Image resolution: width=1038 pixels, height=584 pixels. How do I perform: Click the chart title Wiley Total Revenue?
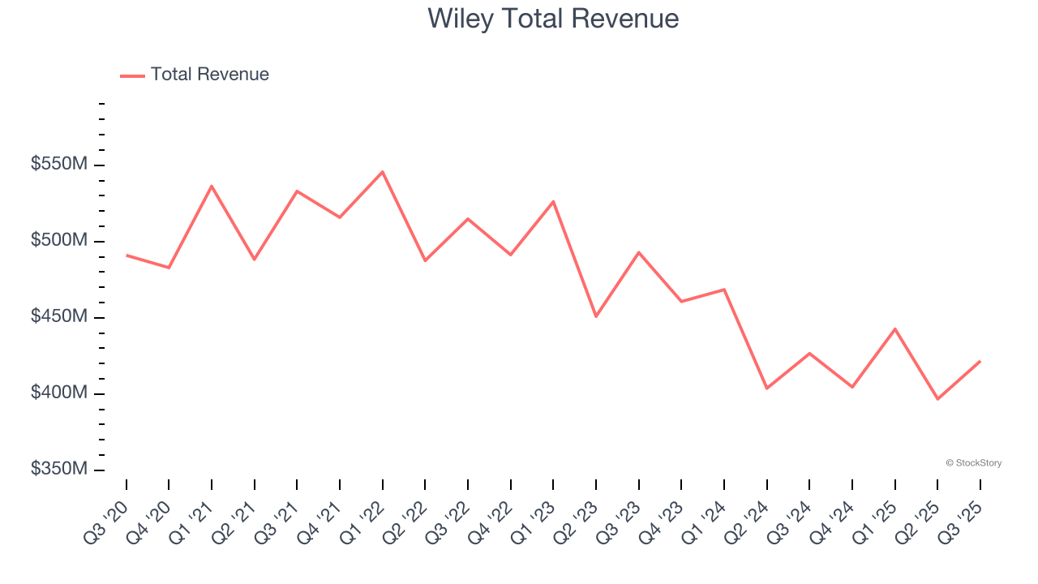click(x=553, y=18)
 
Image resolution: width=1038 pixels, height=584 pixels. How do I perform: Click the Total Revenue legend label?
click(x=209, y=75)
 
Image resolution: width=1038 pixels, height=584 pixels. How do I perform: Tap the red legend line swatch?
click(x=132, y=75)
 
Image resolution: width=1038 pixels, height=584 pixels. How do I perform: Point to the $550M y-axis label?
click(x=58, y=165)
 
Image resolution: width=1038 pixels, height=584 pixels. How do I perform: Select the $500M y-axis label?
click(x=58, y=241)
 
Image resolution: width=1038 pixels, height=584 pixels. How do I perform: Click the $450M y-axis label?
click(x=58, y=316)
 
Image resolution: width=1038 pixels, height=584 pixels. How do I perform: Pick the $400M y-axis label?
click(x=58, y=393)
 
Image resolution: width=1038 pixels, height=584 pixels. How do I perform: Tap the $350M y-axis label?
click(x=58, y=470)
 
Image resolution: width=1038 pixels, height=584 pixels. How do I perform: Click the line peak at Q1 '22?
click(x=382, y=171)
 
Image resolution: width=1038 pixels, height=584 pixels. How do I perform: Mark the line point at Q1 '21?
click(x=212, y=186)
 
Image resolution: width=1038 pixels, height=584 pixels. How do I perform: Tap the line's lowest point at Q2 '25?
click(x=937, y=399)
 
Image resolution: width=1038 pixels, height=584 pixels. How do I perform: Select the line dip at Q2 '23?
click(x=596, y=316)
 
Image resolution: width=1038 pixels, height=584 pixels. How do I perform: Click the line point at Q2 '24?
click(x=766, y=389)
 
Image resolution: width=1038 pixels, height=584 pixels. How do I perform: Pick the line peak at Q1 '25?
click(x=895, y=328)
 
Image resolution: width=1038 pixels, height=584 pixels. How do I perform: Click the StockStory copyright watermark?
click(x=973, y=463)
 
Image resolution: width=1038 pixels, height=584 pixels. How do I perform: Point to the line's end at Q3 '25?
click(x=980, y=361)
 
